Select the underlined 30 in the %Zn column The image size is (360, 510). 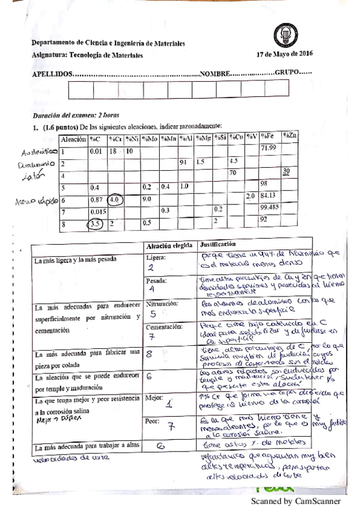[x=287, y=171]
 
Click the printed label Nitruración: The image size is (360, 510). [x=162, y=304]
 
